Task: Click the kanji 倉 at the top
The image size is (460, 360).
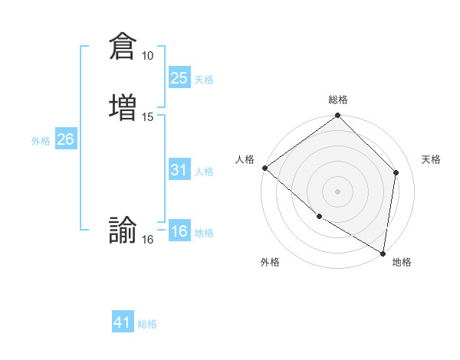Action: coord(123,45)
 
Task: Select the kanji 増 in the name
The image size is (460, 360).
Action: coord(123,106)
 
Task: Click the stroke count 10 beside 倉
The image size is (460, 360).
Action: coord(147,56)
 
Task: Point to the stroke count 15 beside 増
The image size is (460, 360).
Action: coord(147,116)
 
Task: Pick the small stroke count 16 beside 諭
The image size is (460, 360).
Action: coord(147,240)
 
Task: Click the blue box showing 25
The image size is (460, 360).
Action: coord(179,77)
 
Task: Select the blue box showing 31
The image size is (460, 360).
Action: coord(179,170)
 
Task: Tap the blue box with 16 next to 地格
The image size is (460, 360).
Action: coord(179,231)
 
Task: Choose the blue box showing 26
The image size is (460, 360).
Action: coord(65,139)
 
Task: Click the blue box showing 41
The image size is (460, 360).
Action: coord(123,322)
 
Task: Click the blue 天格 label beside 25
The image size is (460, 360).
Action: coord(204,80)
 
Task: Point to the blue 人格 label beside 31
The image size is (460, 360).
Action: coord(204,172)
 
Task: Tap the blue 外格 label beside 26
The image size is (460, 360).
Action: coord(41,141)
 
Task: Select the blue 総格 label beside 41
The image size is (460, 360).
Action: coord(147,324)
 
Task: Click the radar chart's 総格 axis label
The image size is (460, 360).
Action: coord(338,100)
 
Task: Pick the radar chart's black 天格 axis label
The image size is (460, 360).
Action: coord(431,159)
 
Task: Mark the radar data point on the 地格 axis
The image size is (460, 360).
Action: coord(383,253)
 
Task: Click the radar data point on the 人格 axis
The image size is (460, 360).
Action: coord(264,168)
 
